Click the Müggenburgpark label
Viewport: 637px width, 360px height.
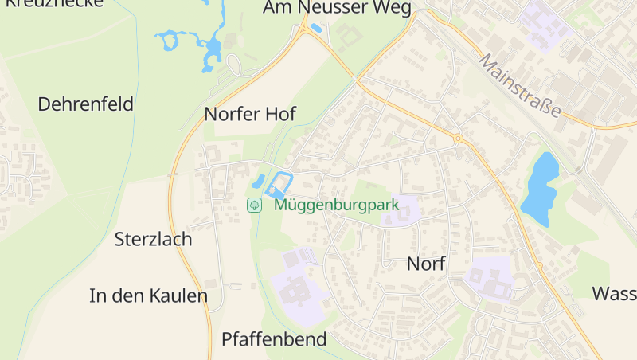[336, 205]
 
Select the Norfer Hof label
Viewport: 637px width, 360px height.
[250, 114]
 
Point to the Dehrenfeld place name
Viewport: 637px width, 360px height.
[85, 104]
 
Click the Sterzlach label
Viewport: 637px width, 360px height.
[153, 239]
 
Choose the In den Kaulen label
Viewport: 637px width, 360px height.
[148, 296]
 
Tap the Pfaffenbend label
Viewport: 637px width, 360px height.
[274, 339]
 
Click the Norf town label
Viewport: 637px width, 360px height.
[426, 264]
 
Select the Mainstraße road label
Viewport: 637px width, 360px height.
[520, 84]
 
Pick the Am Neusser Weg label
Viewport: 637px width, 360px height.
[338, 9]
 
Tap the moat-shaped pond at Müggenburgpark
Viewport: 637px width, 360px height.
[278, 184]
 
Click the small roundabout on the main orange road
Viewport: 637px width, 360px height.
[458, 139]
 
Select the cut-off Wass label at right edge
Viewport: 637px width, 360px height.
[614, 293]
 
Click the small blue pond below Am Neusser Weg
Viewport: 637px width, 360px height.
[316, 29]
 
